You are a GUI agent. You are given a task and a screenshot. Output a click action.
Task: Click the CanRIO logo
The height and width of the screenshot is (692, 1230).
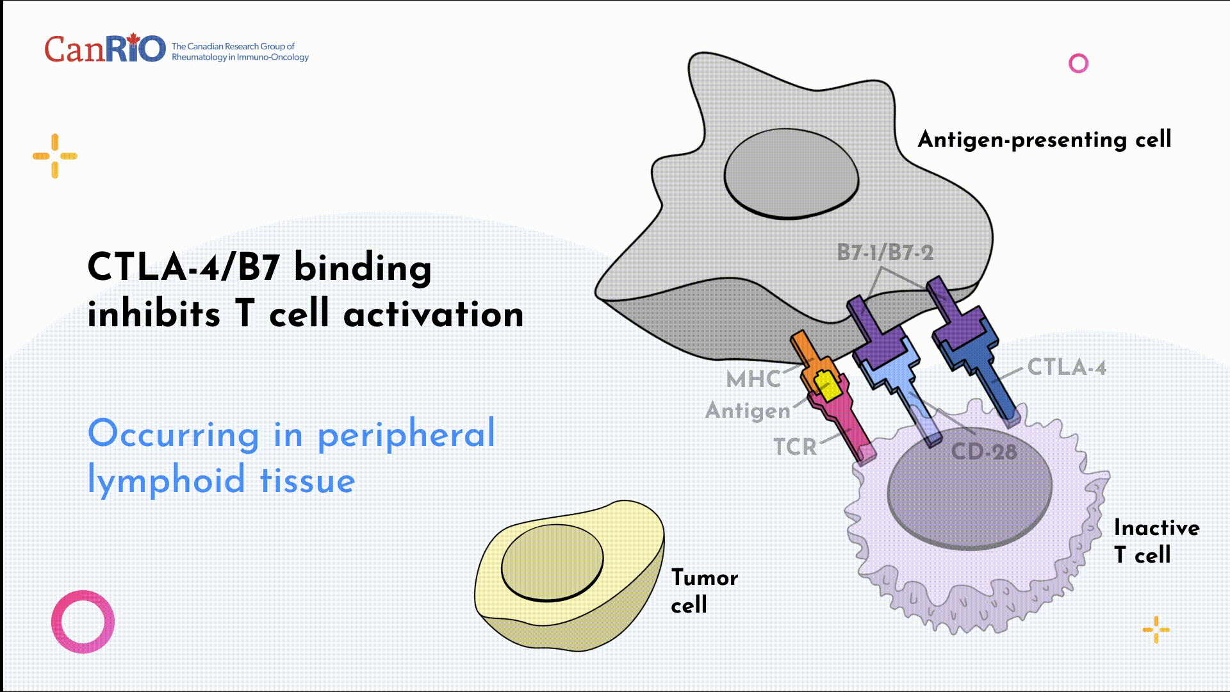point(105,49)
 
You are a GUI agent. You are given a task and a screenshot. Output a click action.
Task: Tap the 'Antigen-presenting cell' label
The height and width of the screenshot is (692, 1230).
point(1044,140)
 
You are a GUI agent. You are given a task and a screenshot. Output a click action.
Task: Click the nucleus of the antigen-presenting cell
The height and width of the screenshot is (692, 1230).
point(791,174)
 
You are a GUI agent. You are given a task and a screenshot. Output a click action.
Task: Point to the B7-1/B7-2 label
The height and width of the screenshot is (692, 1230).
point(885,252)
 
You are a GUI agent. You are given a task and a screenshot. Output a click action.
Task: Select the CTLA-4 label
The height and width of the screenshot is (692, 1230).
point(1067,367)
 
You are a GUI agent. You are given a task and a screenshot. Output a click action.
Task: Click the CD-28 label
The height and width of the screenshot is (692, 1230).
point(984,452)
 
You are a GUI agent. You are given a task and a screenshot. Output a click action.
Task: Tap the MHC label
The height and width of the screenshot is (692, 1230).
point(753,379)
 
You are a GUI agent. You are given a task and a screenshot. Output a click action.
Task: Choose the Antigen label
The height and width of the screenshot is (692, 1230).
point(748,410)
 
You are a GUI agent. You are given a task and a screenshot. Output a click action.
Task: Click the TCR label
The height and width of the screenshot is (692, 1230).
point(795,447)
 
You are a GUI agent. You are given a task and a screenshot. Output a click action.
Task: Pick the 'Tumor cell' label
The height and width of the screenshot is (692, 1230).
point(704,591)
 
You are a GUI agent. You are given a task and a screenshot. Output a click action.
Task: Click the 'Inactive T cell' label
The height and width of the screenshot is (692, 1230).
point(1156,541)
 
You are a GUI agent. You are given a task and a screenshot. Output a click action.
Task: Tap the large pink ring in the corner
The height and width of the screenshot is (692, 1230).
point(83,622)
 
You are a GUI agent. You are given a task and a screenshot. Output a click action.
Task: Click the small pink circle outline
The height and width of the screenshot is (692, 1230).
point(1078,63)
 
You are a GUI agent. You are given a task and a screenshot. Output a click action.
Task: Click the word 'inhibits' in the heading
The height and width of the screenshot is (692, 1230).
point(154,314)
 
